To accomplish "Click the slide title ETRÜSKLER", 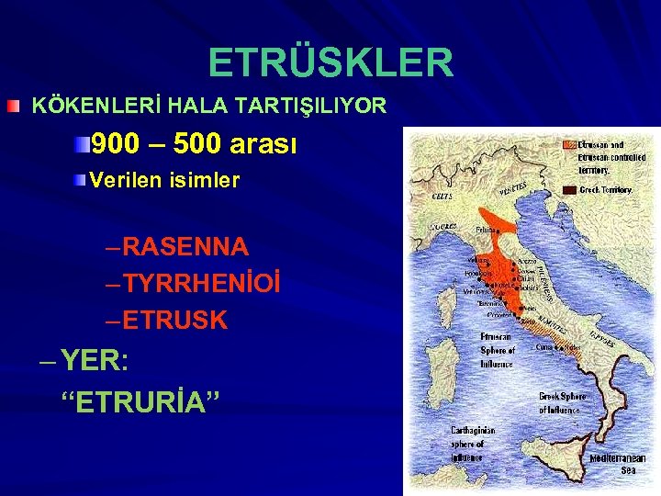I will (330, 62).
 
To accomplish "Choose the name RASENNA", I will (185, 246).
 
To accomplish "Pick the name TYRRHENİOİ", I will (201, 284).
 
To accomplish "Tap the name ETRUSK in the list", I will (174, 321).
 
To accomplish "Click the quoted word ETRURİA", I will (140, 402).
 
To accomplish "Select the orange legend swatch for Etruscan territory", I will (569, 145).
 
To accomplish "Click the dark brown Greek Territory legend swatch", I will (569, 189).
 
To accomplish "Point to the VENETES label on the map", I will (512, 189).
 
